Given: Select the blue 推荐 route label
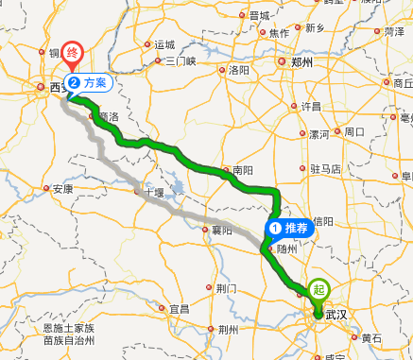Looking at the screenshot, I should [289, 227].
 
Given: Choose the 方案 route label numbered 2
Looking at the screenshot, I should [90, 82].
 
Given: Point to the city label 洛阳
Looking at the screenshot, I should [239, 70].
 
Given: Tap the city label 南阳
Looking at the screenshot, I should [242, 171].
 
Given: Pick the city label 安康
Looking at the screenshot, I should [62, 189].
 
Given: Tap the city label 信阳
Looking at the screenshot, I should [326, 221].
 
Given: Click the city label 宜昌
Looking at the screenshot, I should [179, 309].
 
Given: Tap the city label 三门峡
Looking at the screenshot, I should [180, 62].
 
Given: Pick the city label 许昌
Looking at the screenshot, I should [311, 106].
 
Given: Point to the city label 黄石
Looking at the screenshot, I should [371, 337].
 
